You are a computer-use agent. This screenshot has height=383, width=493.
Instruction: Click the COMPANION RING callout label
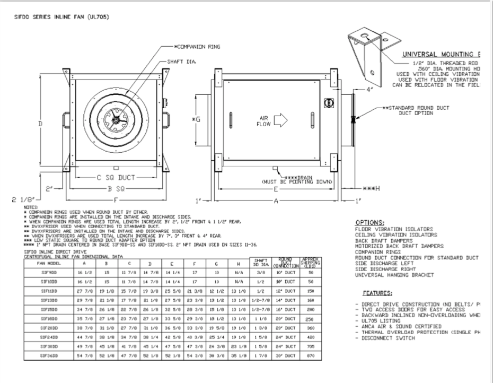click(201, 47)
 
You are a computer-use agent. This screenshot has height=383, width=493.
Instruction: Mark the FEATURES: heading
click(377, 292)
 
